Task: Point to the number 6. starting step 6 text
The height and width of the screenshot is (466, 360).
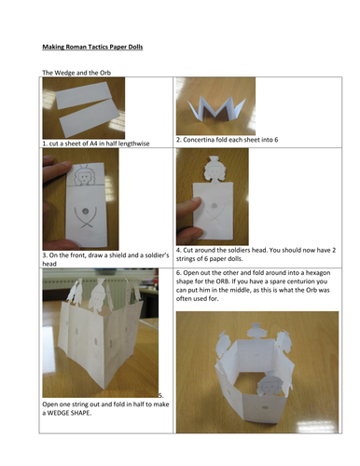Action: point(179,273)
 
